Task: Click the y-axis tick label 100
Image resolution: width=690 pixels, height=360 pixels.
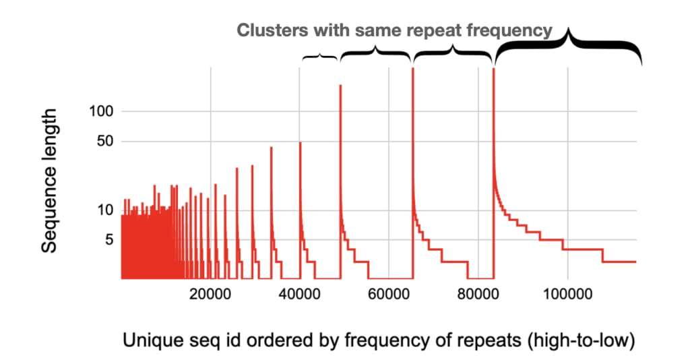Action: tap(101, 111)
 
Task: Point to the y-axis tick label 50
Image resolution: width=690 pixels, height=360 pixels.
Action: tap(104, 142)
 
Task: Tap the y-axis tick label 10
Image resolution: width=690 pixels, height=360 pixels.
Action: tap(105, 210)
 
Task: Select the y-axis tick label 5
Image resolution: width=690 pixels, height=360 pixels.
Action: tap(109, 240)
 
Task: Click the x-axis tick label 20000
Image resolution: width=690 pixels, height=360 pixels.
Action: tap(210, 294)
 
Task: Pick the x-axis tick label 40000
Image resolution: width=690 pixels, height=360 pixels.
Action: tap(299, 294)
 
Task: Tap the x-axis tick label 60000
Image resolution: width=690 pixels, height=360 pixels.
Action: tap(389, 294)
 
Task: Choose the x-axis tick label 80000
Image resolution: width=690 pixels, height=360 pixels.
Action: tap(478, 294)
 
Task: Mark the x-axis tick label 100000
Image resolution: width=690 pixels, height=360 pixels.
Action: tap(567, 294)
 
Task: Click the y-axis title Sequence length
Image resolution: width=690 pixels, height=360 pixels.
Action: tap(49, 181)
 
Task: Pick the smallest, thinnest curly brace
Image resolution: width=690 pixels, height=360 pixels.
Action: tap(320, 56)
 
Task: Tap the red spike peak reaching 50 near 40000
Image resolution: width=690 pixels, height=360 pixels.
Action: tap(301, 143)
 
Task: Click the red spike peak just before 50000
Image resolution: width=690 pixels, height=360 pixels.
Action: tap(340, 86)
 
